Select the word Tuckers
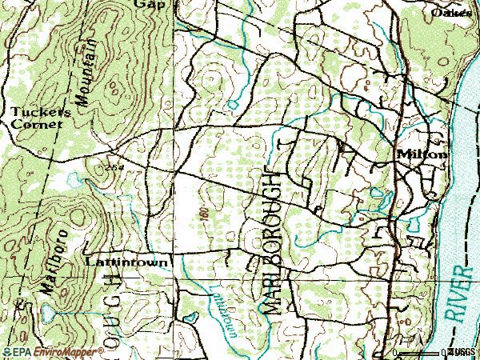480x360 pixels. [41, 113]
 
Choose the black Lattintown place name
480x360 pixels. [126, 262]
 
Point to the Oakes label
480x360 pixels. [450, 13]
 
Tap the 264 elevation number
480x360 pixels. [114, 167]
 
